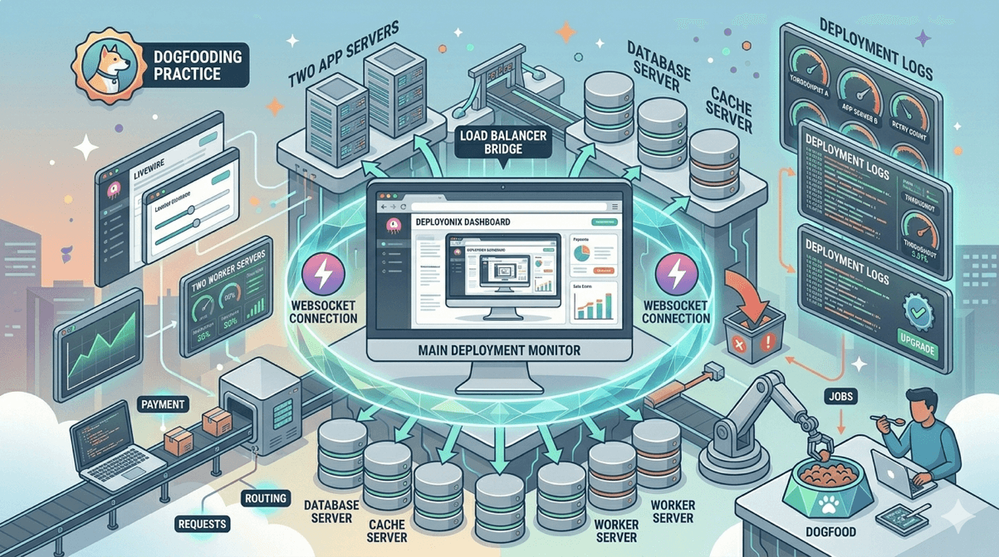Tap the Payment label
pos(164,404)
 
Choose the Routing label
pos(266,498)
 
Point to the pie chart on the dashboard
pos(582,252)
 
